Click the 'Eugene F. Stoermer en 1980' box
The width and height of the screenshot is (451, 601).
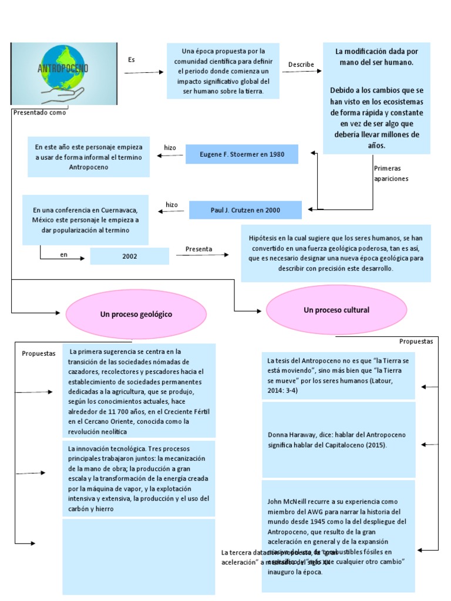pyautogui.click(x=242, y=154)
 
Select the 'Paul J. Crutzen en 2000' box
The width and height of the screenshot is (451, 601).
pyautogui.click(x=245, y=210)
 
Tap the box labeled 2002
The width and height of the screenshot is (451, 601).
pyautogui.click(x=129, y=256)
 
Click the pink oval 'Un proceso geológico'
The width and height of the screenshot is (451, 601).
pyautogui.click(x=136, y=315)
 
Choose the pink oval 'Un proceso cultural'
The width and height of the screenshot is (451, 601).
pyautogui.click(x=336, y=310)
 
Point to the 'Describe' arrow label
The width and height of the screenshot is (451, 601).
pyautogui.click(x=301, y=65)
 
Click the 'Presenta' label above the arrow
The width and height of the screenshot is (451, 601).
pyautogui.click(x=199, y=249)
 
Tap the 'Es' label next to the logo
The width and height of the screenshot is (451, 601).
pyautogui.click(x=132, y=60)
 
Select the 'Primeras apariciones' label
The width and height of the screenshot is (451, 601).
pyautogui.click(x=391, y=173)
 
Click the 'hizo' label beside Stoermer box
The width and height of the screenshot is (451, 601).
pyautogui.click(x=170, y=148)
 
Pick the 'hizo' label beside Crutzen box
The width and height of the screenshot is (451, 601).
pyautogui.click(x=171, y=205)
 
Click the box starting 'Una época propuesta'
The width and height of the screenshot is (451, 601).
pyautogui.click(x=223, y=70)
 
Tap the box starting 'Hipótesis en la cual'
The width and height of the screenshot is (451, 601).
pyautogui.click(x=335, y=253)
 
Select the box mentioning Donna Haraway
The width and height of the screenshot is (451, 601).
pyautogui.click(x=338, y=440)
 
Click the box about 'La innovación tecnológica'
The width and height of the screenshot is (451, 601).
pyautogui.click(x=139, y=478)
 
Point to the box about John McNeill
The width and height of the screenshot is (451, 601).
pyautogui.click(x=338, y=536)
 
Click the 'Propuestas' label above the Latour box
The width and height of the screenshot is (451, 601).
pyautogui.click(x=416, y=341)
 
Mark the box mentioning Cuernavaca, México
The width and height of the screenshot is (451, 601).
pyautogui.click(x=86, y=220)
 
